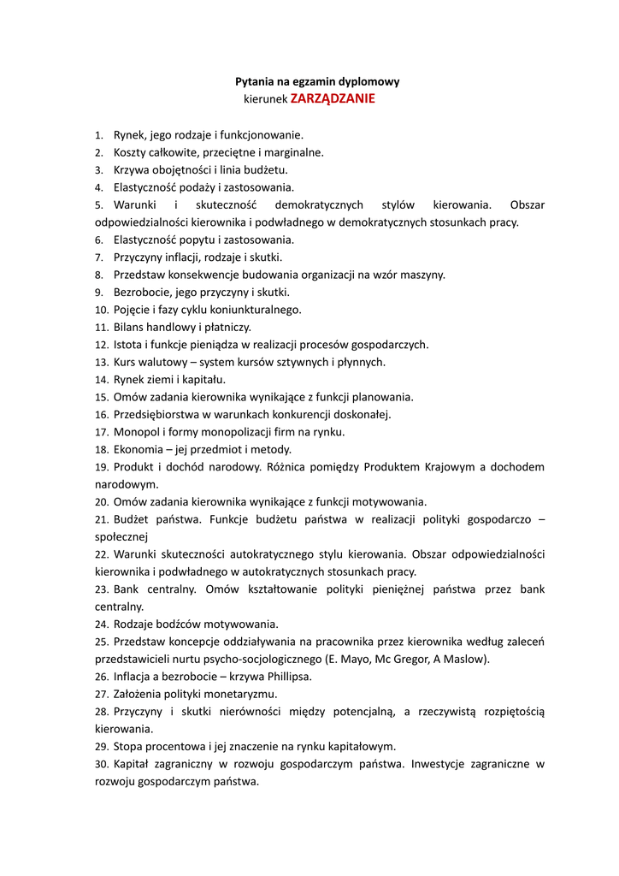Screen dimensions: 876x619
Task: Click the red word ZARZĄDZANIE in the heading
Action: (x=333, y=98)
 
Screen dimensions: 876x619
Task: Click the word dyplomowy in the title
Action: (x=369, y=82)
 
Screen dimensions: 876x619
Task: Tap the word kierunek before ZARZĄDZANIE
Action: (x=265, y=99)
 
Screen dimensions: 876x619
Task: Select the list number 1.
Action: (x=98, y=135)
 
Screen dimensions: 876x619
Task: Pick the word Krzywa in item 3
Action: (x=131, y=170)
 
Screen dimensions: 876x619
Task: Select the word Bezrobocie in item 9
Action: (x=142, y=293)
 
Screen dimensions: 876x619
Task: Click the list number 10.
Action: (x=101, y=311)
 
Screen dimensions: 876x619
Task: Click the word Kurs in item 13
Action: (x=126, y=363)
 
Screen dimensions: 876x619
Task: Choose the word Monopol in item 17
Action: (x=136, y=432)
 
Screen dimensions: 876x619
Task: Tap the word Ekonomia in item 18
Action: (x=138, y=450)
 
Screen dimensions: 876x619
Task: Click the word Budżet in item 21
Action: (x=131, y=519)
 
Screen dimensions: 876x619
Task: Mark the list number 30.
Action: (x=101, y=764)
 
